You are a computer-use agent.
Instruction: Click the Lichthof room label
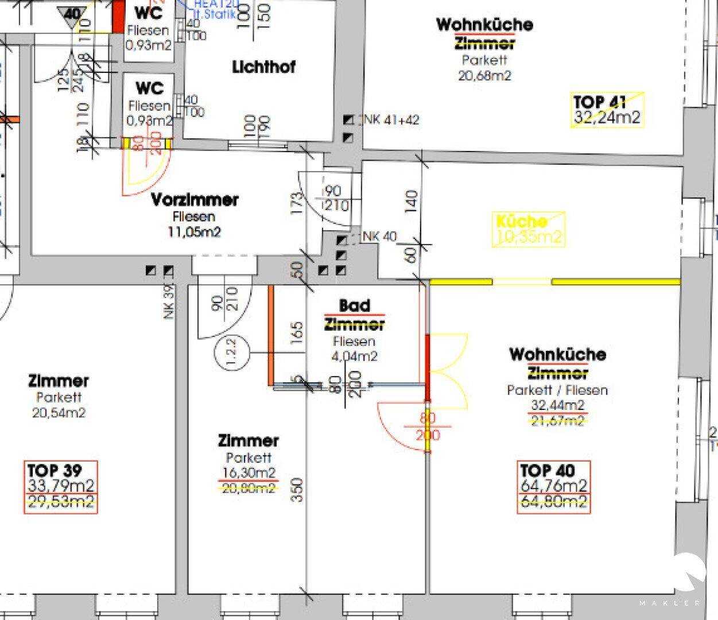coord(263,67)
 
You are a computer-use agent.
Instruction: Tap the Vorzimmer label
coord(195,200)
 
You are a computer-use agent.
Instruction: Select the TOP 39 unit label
coord(55,471)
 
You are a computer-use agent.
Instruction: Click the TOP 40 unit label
coord(547,471)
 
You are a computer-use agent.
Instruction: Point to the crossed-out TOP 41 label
coord(599,102)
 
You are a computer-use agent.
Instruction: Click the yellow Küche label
coord(521,221)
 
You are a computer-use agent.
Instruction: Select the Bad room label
coord(354,305)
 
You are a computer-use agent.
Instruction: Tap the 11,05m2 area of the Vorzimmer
coord(195,232)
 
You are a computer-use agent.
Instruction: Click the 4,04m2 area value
coord(354,356)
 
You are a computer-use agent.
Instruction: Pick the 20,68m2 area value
coord(484,75)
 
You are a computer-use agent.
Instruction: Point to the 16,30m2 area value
coord(249,473)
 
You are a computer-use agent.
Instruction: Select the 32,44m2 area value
coord(558,405)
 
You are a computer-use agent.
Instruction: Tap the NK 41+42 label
coord(391,120)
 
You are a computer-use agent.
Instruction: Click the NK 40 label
coord(379,237)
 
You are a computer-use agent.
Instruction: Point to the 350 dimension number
coord(297,490)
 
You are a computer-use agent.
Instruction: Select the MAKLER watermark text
coord(670,603)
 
